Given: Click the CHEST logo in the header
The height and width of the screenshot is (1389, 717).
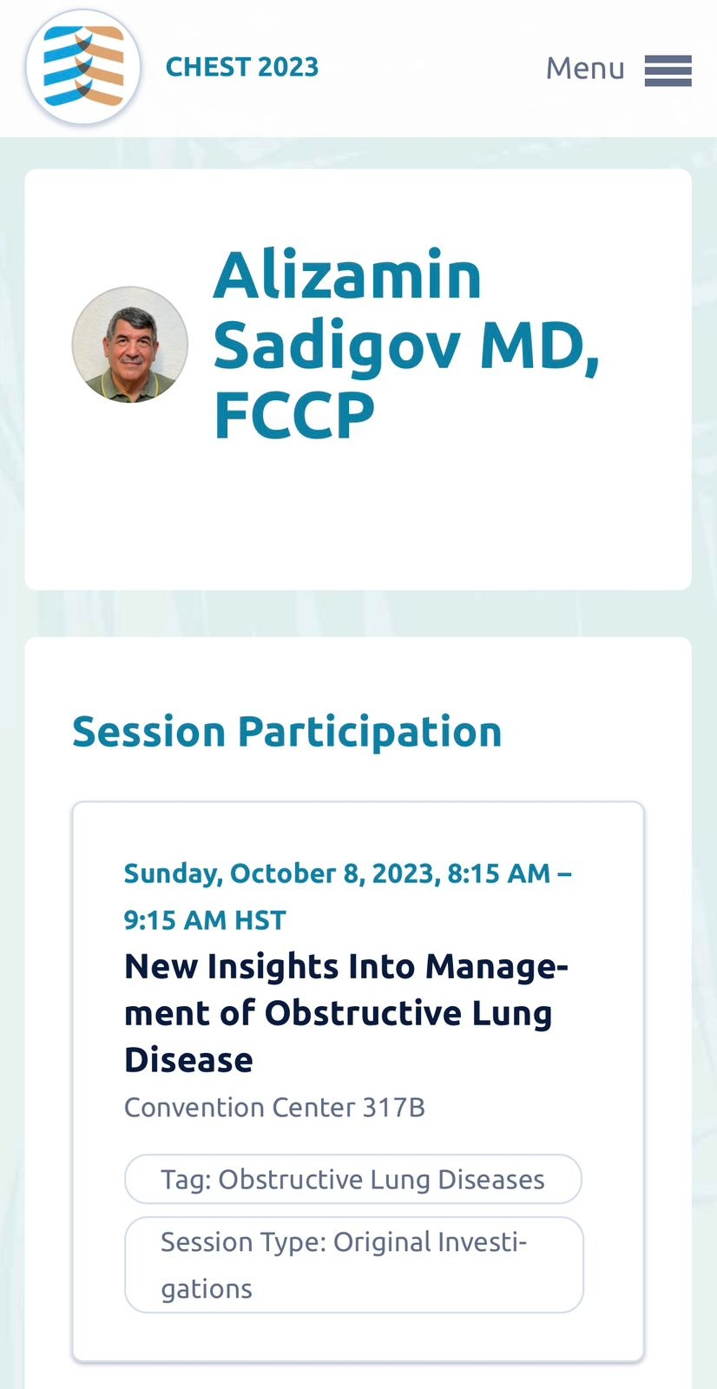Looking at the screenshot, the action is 83,66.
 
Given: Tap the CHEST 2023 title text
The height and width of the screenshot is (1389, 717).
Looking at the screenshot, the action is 242,67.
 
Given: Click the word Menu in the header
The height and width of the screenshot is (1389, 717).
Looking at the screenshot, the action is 585,69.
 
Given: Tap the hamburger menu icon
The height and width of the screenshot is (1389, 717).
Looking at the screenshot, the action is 668,70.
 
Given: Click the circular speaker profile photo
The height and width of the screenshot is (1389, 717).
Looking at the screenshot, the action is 129,344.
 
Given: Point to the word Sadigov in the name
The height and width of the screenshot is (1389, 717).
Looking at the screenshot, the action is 337,346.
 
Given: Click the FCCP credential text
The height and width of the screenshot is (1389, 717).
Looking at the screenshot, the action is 294,415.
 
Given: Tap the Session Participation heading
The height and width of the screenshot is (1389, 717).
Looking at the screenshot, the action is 286,733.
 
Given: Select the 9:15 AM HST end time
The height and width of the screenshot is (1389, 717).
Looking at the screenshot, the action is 205,920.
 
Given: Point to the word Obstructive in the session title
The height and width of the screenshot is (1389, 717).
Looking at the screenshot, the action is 364,1013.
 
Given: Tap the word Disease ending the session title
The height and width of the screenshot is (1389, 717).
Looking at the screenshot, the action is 188,1060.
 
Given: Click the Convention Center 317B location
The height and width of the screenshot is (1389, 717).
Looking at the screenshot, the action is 274,1108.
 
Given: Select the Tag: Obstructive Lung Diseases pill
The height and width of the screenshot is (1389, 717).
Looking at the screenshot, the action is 353,1179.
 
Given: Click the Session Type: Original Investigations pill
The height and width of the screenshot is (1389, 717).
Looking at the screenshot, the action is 353,1265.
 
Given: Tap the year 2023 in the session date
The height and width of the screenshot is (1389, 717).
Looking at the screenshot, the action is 406,873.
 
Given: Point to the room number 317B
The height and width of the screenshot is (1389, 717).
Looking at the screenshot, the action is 394,1108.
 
